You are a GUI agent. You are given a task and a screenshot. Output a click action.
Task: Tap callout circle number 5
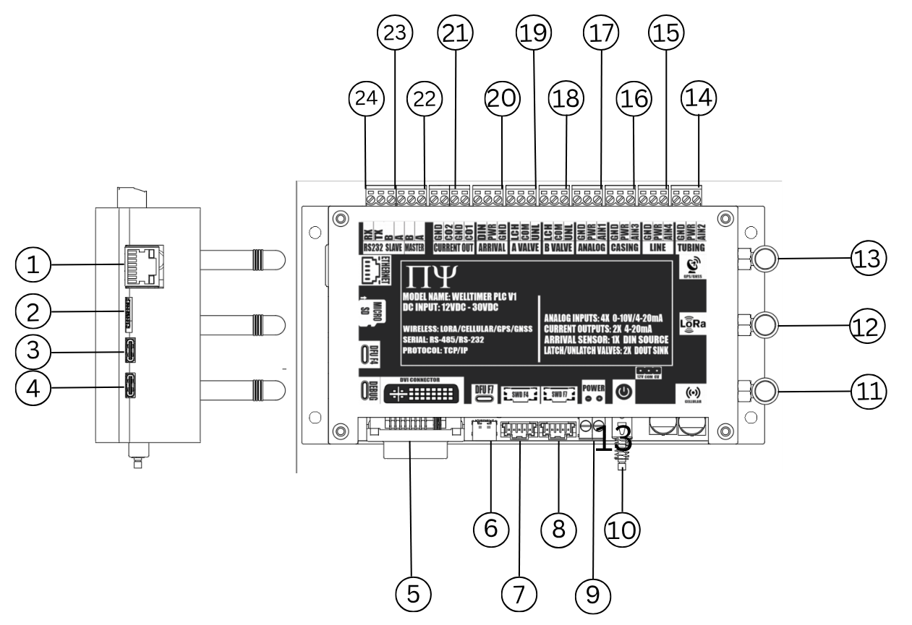412,592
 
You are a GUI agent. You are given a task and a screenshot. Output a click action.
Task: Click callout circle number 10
621,530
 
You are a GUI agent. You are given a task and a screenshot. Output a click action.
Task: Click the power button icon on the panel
623,392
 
